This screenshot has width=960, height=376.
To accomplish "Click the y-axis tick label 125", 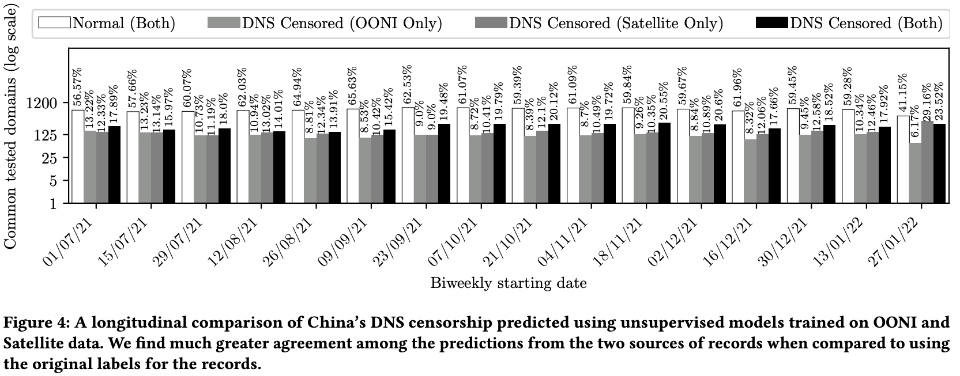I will pyautogui.click(x=48, y=135).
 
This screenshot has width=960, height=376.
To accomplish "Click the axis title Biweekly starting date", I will pyautogui.click(x=508, y=283).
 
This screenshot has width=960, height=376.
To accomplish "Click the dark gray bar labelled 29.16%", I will pyautogui.click(x=927, y=162).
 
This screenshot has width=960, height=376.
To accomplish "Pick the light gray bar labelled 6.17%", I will pyautogui.click(x=915, y=172).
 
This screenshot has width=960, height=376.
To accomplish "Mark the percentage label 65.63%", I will pyautogui.click(x=352, y=86).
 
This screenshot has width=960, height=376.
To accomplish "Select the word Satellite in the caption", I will pyautogui.click(x=33, y=344).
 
